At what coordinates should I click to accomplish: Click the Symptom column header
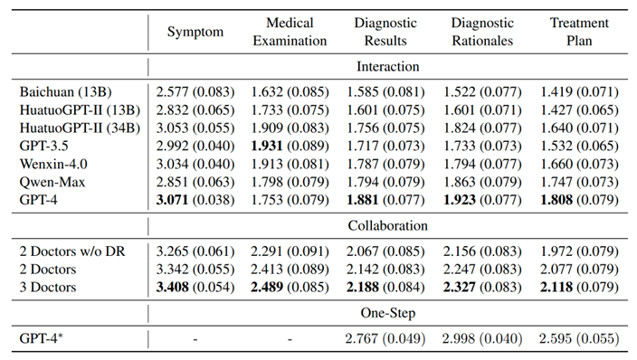[195, 32]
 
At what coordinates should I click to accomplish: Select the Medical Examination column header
[290, 32]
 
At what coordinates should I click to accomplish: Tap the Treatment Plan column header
[579, 32]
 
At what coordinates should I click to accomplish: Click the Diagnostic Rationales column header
[482, 32]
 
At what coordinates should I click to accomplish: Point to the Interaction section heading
[388, 66]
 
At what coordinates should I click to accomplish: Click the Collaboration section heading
[388, 225]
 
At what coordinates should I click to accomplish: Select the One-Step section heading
[388, 313]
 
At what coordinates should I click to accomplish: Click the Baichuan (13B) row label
[65, 92]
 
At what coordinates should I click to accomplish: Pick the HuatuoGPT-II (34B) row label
[80, 128]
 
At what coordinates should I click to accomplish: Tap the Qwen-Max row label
[52, 182]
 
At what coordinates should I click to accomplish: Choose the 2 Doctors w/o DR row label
[72, 251]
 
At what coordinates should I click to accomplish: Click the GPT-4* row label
[42, 338]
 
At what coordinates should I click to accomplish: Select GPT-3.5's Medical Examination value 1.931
[267, 146]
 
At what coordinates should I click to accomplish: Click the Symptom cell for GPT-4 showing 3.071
[172, 200]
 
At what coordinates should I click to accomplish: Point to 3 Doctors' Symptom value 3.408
[172, 288]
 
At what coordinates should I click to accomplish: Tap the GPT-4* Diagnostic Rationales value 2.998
[458, 338]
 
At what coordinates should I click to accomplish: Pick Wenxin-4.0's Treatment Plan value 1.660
[556, 164]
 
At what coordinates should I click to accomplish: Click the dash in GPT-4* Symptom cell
[195, 339]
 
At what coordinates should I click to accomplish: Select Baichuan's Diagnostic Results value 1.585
[362, 92]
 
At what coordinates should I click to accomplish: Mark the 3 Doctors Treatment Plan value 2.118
[556, 288]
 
